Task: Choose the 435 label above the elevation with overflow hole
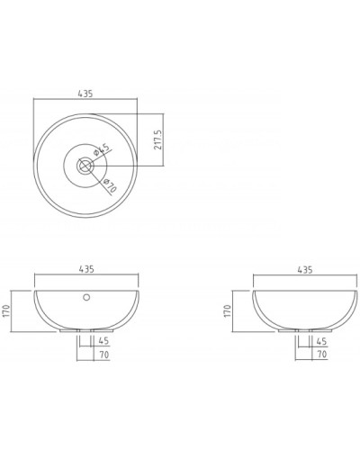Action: click(87, 269)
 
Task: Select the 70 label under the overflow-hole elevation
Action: click(104, 355)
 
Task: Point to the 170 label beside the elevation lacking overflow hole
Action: click(229, 310)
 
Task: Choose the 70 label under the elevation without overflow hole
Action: click(321, 355)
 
